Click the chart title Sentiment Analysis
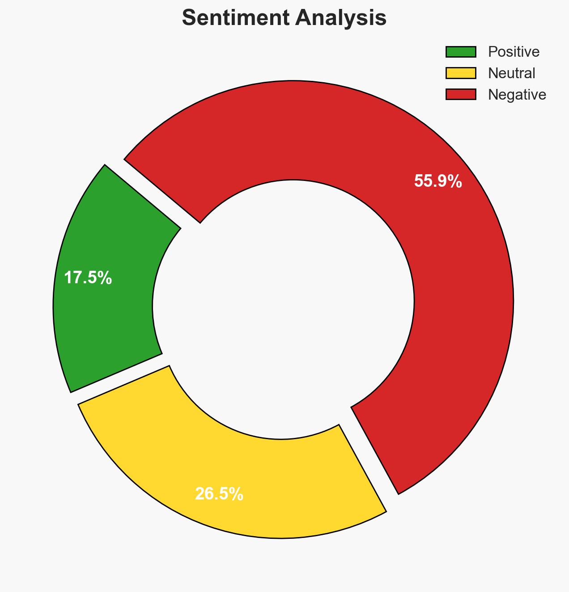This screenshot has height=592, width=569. point(284,18)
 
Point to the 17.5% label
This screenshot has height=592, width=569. point(88,278)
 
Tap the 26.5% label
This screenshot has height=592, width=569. point(219,494)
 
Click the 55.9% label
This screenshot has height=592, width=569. point(438,181)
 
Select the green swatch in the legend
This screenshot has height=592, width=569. point(461,52)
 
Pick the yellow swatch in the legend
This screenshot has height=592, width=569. point(461,73)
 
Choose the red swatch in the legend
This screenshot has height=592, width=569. point(461,94)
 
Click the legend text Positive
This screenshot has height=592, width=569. point(514,52)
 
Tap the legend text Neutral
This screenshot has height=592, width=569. point(511,73)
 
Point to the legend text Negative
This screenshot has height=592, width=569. point(517,94)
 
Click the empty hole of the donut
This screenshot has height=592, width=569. point(284,308)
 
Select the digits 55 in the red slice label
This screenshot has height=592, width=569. point(423,181)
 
